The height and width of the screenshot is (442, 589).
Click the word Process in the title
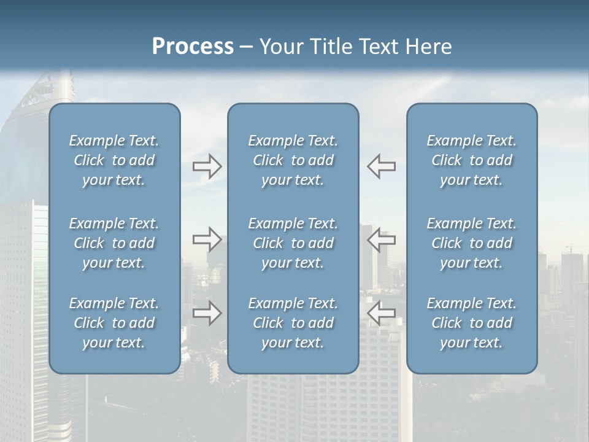coord(193,47)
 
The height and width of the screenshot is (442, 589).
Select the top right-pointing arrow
coord(207,166)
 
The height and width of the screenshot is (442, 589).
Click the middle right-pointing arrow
coord(207,239)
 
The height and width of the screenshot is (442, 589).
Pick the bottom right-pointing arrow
coord(207,313)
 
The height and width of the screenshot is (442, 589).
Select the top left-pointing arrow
coord(381,166)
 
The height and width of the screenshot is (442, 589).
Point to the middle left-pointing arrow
coord(381,239)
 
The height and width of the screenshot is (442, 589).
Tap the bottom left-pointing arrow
coord(381,313)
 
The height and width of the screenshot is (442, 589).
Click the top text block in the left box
coord(114,160)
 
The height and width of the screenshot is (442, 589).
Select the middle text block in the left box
coord(114,243)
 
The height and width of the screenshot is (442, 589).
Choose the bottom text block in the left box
coord(114,323)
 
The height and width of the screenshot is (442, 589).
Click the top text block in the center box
coord(293,160)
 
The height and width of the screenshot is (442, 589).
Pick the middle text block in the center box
coord(293,243)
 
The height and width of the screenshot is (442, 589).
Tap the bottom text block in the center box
coord(293,323)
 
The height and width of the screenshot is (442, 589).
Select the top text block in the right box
coord(472,160)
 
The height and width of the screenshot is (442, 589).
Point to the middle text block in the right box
coord(472,243)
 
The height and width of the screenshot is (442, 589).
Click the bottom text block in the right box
coord(472,323)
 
